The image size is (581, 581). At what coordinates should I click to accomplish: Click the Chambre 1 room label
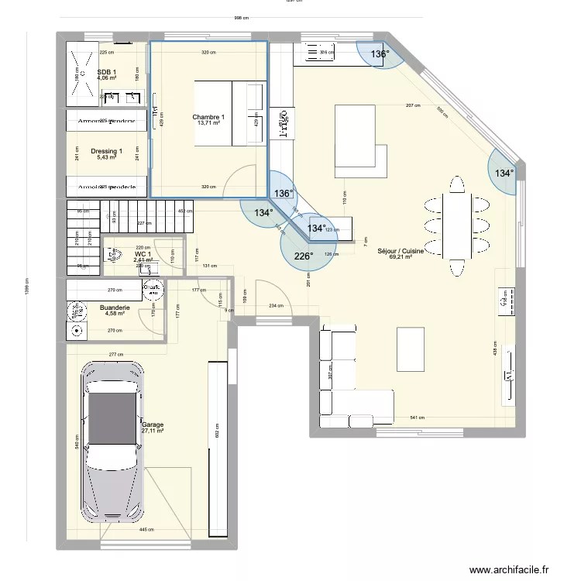pos(208,117)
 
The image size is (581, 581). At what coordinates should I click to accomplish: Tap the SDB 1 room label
pos(107,72)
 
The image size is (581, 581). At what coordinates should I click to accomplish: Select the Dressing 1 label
pos(106,151)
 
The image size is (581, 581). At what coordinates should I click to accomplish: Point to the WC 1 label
pos(143,254)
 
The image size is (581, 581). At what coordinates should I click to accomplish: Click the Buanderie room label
pos(115,308)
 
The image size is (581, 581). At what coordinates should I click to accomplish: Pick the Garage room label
pos(153,425)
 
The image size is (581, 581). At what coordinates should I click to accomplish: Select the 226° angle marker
pos(303,256)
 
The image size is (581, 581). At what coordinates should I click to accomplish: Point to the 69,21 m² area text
pos(401,257)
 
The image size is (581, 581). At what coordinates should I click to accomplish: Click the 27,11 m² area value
pos(153,431)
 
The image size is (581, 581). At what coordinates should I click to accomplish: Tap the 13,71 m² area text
pos(208,123)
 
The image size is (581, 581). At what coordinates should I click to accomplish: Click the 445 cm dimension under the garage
pos(145,530)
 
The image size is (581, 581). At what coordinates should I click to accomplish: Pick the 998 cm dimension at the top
pos(241,19)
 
